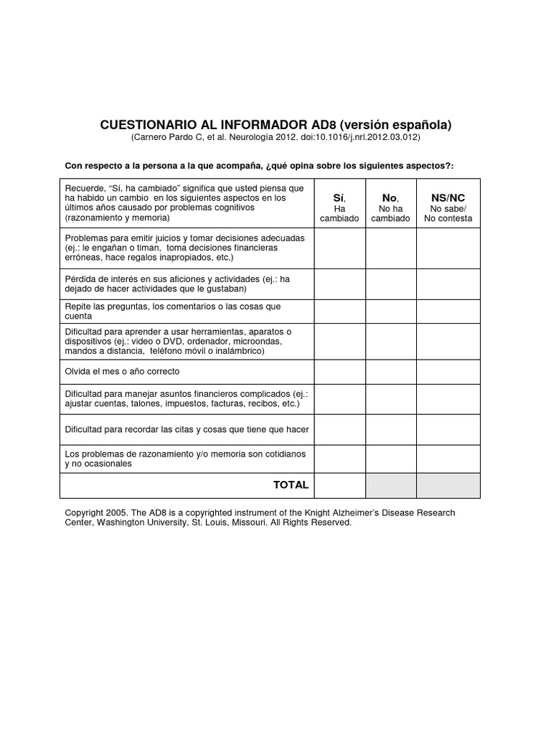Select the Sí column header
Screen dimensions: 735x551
pos(339,197)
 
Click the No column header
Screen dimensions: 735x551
pos(390,197)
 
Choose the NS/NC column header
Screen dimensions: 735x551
pos(448,197)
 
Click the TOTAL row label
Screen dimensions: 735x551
pos(291,484)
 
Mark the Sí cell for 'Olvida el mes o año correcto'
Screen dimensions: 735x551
pos(340,372)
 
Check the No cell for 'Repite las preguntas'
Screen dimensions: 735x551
pos(391,311)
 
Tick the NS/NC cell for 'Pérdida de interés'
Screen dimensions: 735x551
pos(448,284)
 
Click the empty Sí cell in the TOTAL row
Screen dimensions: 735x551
pos(340,485)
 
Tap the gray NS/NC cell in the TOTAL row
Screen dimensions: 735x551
pos(448,485)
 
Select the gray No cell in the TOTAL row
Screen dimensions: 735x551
pos(391,485)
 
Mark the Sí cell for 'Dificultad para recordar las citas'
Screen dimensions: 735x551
pos(340,429)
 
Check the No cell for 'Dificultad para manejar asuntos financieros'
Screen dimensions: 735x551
pos(391,399)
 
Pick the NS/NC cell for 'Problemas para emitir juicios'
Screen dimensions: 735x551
pos(448,248)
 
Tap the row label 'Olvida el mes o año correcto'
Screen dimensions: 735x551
pos(122,372)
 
